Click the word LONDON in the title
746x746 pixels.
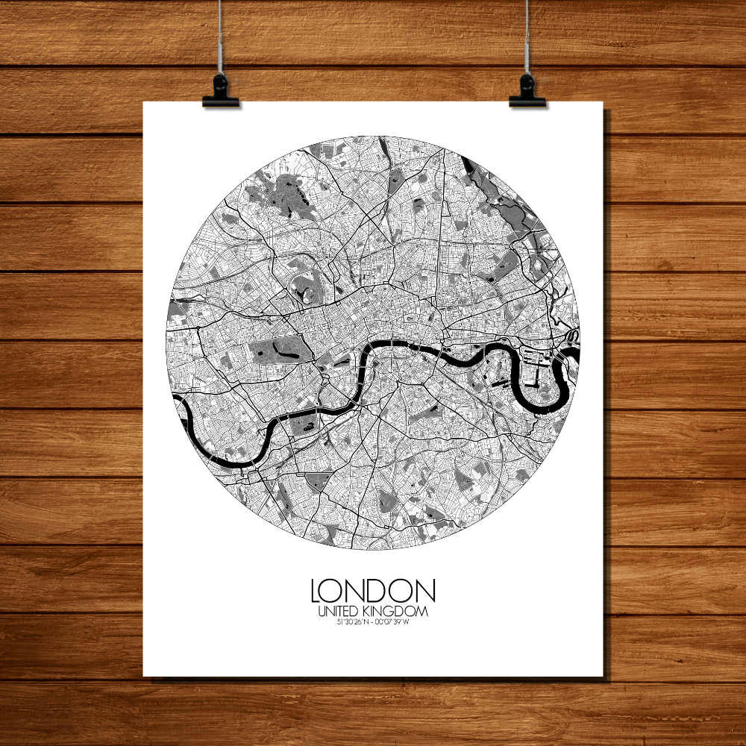tap(373, 591)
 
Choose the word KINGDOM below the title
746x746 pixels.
tap(398, 612)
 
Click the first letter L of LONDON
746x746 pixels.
tap(316, 591)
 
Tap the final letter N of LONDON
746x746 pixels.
tap(426, 591)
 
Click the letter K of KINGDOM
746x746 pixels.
tap(375, 612)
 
